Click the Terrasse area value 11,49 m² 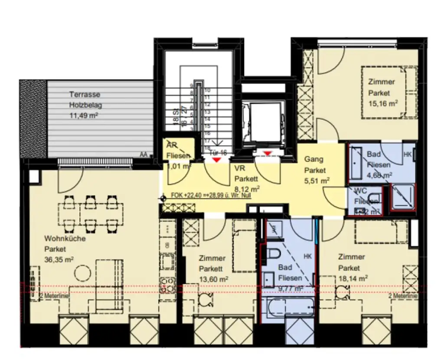pos(85,115)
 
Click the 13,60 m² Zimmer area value pos(214,279)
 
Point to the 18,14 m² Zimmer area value pos(353,278)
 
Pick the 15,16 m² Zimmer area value pos(383,103)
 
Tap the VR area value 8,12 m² pos(247,188)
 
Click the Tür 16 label pos(218,152)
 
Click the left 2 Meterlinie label pos(49,296)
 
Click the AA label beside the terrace pos(143,153)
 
